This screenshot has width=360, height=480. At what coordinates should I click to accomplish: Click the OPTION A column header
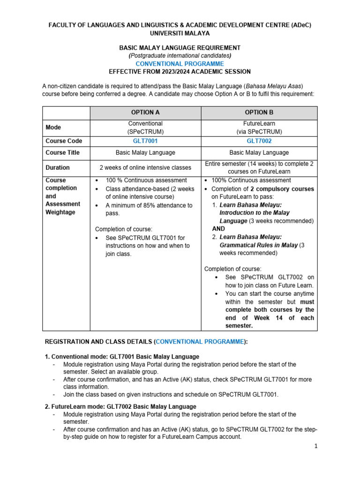pyautogui.click(x=145, y=112)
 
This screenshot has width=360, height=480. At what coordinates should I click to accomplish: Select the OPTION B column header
pyautogui.click(x=259, y=112)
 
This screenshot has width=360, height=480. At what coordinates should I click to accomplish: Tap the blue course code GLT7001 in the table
pyautogui.click(x=145, y=141)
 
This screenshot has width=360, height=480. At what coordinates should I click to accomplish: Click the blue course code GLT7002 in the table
pyautogui.click(x=259, y=141)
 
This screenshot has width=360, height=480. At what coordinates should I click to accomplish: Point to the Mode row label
pyautogui.click(x=53, y=127)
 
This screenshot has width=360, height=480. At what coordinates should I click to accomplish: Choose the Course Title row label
pyautogui.click(x=63, y=152)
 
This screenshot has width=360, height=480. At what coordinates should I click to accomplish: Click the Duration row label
pyautogui.click(x=58, y=167)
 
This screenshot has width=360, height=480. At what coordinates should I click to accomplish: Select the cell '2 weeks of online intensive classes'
pyautogui.click(x=145, y=167)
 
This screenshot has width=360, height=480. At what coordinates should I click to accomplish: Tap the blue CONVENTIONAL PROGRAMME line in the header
pyautogui.click(x=180, y=64)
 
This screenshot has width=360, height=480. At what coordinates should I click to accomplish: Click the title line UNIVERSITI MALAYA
pyautogui.click(x=180, y=33)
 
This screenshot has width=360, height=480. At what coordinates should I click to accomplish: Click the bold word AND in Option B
pyautogui.click(x=218, y=229)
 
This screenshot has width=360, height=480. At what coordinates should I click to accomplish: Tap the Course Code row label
pyautogui.click(x=64, y=141)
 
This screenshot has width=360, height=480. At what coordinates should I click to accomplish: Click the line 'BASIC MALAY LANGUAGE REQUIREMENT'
pyautogui.click(x=180, y=48)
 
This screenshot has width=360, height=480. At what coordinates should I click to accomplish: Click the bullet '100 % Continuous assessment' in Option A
pyautogui.click(x=140, y=180)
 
